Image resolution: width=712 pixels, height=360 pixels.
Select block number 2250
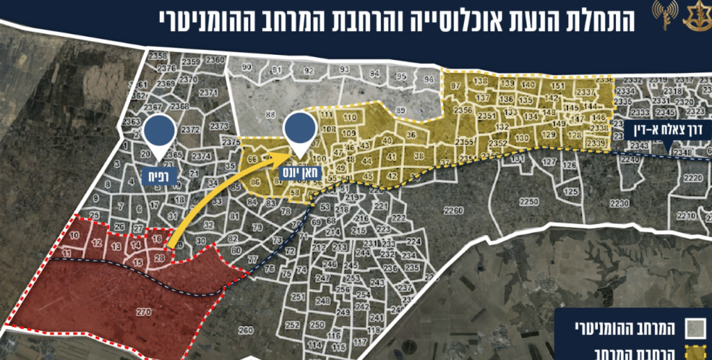(529, 202)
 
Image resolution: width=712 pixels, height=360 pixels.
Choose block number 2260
(453, 211)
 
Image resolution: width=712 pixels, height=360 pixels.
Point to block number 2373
(218, 126)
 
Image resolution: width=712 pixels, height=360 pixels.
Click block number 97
(455, 85)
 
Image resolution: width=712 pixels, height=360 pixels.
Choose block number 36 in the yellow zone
(411, 135)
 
